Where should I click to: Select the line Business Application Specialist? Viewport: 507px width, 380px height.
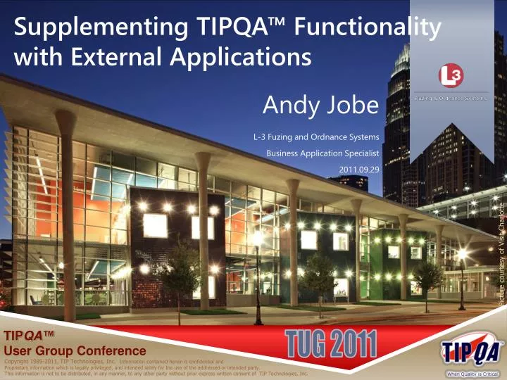tap(323, 153)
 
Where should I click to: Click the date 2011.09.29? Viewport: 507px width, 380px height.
tap(359, 170)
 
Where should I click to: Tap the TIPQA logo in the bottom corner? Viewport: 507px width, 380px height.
tap(471, 350)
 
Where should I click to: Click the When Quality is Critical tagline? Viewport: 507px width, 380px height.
tap(472, 374)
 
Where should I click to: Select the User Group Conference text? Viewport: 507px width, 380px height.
tap(75, 350)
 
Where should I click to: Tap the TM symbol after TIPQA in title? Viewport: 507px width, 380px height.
tap(280, 23)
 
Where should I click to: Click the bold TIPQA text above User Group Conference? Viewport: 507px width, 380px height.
tap(30, 337)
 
